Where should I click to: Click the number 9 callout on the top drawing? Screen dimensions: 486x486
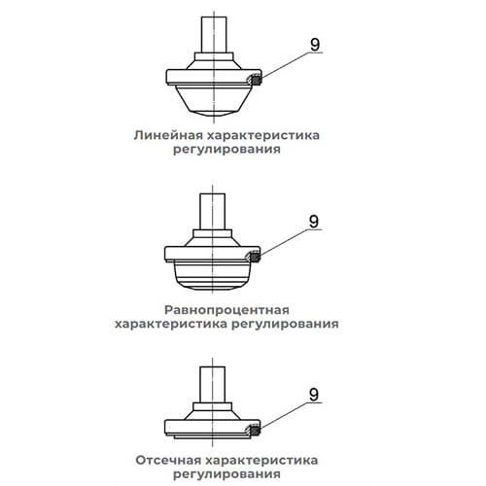(x=315, y=45)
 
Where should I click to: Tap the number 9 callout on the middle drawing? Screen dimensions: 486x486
(x=314, y=222)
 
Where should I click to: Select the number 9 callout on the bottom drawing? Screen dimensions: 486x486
(x=314, y=395)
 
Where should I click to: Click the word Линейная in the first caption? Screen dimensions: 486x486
(x=168, y=135)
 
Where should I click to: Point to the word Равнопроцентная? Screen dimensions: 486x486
(x=226, y=310)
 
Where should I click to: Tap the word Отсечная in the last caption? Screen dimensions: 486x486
(x=168, y=460)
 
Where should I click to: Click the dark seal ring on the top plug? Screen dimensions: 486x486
(x=257, y=80)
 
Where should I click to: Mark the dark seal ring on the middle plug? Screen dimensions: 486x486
(x=255, y=258)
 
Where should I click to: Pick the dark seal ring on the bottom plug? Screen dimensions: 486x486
(x=255, y=431)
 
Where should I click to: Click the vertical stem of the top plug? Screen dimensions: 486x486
(x=214, y=35)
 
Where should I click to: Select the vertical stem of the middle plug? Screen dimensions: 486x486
(x=212, y=212)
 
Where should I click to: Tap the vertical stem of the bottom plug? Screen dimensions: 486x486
(x=212, y=385)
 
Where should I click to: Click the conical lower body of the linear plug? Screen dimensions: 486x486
(x=214, y=100)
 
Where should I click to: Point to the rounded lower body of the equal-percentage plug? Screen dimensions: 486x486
(x=212, y=275)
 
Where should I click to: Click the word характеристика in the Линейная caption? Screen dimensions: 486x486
(x=263, y=135)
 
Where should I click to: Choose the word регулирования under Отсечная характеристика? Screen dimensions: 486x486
(x=226, y=474)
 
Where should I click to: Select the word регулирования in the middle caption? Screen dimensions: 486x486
(x=285, y=324)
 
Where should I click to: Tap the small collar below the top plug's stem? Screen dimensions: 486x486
(x=214, y=56)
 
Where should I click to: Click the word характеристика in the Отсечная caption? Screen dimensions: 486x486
(x=261, y=460)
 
